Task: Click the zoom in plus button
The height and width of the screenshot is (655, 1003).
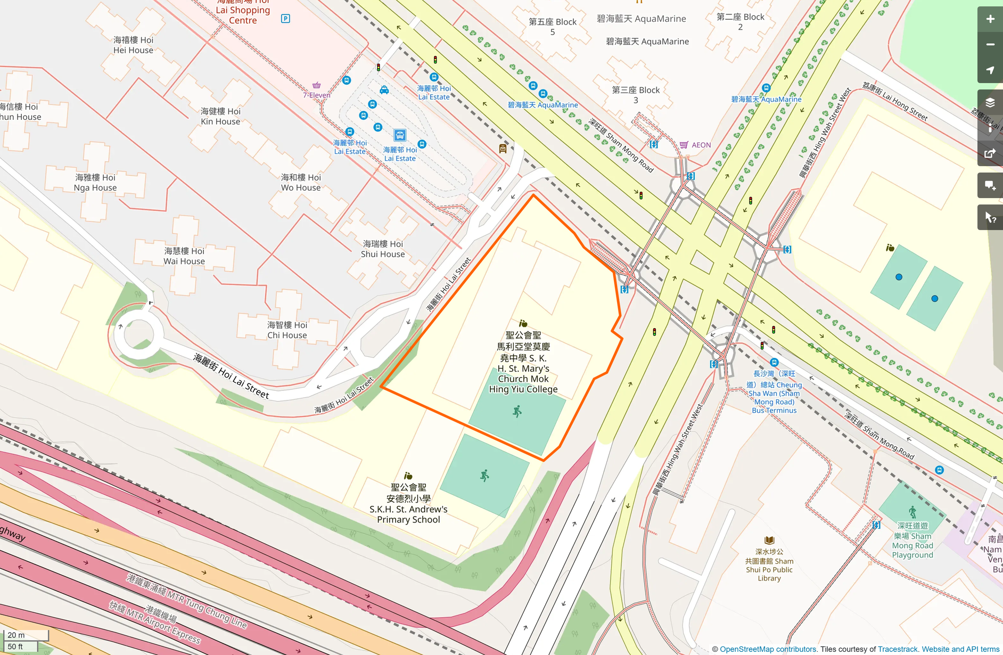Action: [990, 19]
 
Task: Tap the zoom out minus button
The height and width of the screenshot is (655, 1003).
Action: [990, 45]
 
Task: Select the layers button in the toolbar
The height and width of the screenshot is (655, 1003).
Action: [990, 103]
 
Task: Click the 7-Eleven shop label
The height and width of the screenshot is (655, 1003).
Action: [317, 95]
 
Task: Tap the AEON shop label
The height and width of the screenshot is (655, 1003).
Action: [701, 145]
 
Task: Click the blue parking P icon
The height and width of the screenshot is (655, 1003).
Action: [285, 19]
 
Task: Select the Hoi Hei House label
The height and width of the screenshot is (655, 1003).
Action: [133, 45]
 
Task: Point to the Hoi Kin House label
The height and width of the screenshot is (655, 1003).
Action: [220, 117]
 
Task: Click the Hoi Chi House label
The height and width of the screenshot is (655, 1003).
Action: [287, 330]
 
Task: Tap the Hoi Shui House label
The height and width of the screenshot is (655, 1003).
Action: [383, 249]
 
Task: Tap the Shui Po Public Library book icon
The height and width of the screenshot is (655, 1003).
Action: [769, 540]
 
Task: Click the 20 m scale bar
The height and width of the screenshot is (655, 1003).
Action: [25, 635]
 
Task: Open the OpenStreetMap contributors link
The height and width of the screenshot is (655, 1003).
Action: [768, 649]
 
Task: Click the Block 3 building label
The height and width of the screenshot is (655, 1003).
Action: [636, 95]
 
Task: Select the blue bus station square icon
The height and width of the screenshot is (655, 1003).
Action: [400, 135]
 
